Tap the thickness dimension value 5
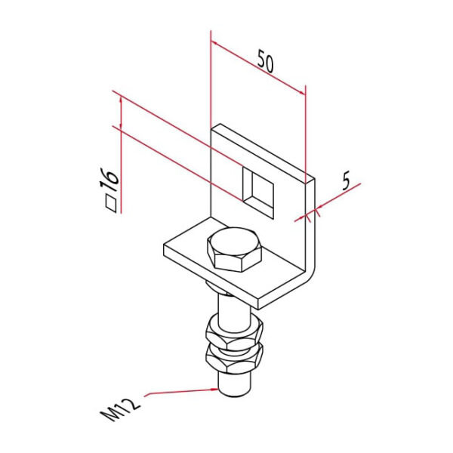(347, 180)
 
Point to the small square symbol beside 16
(111, 202)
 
